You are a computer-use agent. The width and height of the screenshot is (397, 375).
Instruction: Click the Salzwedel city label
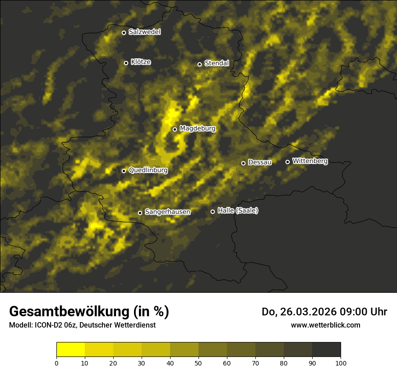[x=144, y=32]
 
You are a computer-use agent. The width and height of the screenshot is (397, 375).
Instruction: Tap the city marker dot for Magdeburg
[x=175, y=129]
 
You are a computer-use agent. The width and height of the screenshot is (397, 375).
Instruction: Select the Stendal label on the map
[x=217, y=63]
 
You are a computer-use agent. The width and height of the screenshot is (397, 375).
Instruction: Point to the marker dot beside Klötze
[x=126, y=63]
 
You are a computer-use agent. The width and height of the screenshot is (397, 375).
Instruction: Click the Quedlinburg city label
[x=148, y=170]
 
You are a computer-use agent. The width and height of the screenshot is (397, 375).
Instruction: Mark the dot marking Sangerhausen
[x=140, y=213]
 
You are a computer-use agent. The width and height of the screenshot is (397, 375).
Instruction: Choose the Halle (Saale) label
[x=238, y=211]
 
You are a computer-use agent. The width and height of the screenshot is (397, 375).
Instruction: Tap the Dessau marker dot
[x=243, y=163]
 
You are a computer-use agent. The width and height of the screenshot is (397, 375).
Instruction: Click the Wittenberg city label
[x=310, y=161]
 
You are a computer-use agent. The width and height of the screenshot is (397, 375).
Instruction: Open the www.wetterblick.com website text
[x=325, y=325]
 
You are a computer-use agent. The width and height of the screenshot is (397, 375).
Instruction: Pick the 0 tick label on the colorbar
[x=56, y=363]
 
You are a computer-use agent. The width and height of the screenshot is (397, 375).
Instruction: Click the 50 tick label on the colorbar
[x=198, y=363]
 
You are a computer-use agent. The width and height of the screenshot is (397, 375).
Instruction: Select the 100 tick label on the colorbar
[x=341, y=363]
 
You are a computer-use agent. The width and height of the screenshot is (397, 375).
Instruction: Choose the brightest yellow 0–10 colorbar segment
[x=70, y=350]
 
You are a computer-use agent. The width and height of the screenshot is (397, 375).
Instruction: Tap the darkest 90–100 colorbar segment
[x=326, y=350]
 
